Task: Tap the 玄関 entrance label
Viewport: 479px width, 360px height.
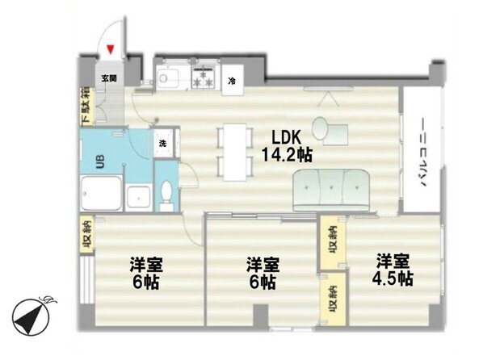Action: point(109,78)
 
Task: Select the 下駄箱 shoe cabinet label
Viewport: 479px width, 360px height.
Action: point(86,107)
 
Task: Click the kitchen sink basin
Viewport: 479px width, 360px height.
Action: point(167,77)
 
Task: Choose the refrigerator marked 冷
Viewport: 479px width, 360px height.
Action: point(233,81)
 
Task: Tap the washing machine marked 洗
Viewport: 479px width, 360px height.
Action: point(163,143)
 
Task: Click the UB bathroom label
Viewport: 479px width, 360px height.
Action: point(100,161)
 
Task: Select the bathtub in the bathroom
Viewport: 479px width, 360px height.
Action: point(102,193)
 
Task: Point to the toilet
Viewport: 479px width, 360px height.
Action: point(166,192)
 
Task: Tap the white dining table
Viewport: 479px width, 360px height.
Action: point(234,152)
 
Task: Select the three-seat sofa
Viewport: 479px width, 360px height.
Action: point(331,190)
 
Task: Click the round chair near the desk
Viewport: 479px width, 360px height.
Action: point(321,128)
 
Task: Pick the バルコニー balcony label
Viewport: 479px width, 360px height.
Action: point(423,153)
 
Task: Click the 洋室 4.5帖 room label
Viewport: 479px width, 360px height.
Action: point(393,270)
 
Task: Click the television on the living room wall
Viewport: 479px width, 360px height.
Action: point(328,89)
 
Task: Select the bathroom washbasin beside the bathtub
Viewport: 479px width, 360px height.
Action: point(139,198)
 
